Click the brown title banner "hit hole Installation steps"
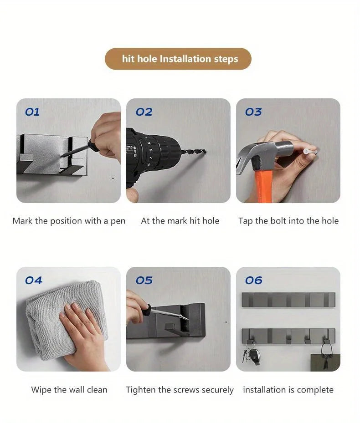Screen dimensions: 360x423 [x=178, y=59]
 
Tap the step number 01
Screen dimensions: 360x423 [x=32, y=112]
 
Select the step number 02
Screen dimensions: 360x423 [x=144, y=112]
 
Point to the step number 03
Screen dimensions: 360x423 [x=253, y=112]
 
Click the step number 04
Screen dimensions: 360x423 [x=33, y=280]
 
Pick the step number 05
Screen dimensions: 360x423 [x=144, y=280]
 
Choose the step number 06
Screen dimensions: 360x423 [x=253, y=280]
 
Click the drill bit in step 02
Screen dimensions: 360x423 [x=194, y=152]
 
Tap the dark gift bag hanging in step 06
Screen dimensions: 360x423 [x=325, y=359]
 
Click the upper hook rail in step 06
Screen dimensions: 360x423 [x=288, y=300]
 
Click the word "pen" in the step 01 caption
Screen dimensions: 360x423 [x=118, y=221]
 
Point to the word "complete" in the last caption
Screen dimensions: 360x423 [x=315, y=390]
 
